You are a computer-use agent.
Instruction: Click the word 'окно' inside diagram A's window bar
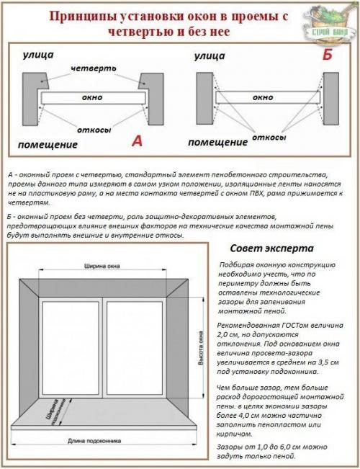click(91, 97)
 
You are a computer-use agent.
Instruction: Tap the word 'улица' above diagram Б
click(210, 55)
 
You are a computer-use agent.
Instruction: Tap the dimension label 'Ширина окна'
click(103, 264)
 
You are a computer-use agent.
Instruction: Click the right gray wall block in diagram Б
click(330, 97)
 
